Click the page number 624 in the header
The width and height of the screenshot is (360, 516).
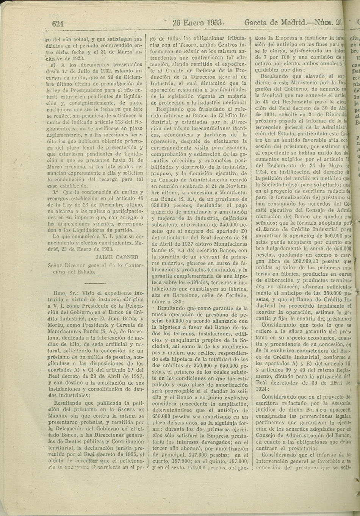pyautogui.click(x=58, y=24)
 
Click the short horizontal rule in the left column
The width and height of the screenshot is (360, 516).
pyautogui.click(x=95, y=283)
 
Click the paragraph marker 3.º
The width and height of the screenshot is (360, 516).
pyautogui.click(x=57, y=182)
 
